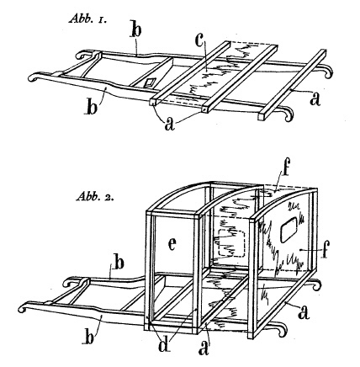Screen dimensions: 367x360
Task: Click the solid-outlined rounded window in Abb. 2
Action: click(x=290, y=226)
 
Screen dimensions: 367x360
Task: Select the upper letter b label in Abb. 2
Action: click(x=119, y=263)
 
